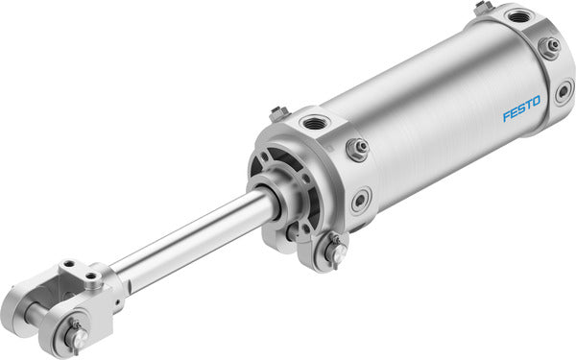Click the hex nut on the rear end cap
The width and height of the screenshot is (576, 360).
tap(549, 46)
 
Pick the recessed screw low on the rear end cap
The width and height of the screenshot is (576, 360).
tap(564, 92)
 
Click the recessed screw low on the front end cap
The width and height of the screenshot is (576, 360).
tap(360, 201)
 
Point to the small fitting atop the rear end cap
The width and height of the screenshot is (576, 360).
tap(482, 7)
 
